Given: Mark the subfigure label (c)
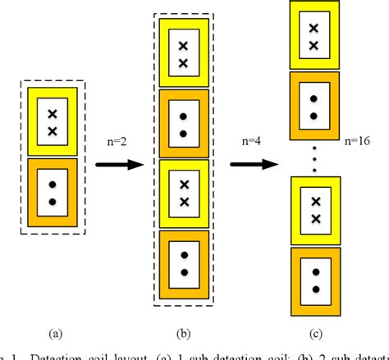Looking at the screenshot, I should click(x=314, y=334).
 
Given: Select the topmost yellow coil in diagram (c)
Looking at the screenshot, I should click(x=314, y=34).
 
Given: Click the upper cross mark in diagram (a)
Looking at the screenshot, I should click(x=53, y=114).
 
